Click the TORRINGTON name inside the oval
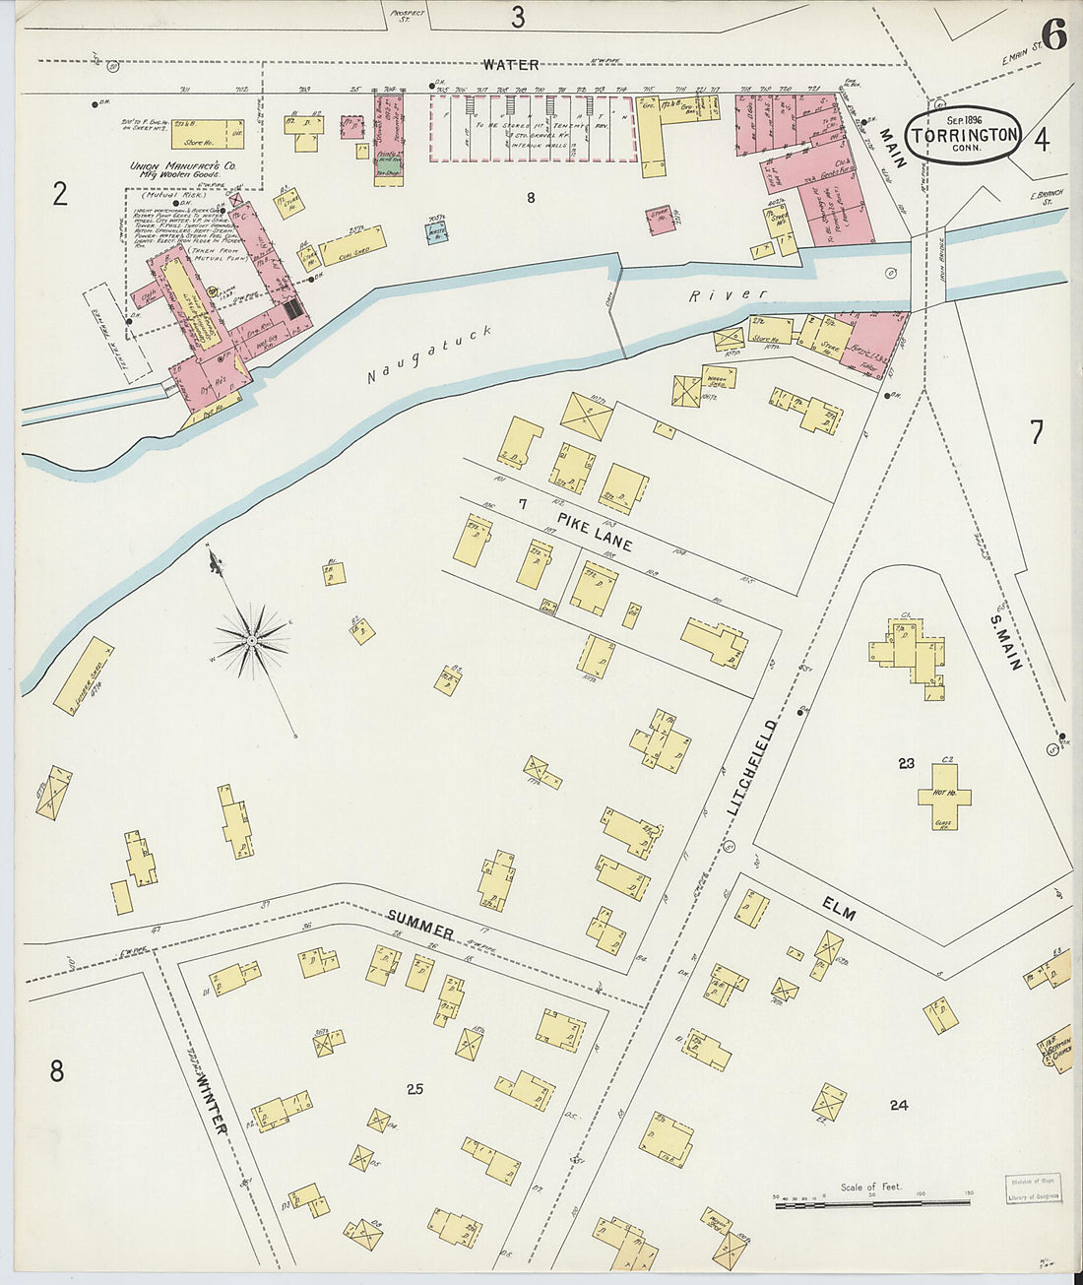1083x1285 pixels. [964, 135]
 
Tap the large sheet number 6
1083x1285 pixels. [1052, 35]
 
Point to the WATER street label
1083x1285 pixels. [510, 65]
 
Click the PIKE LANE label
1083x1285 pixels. [594, 530]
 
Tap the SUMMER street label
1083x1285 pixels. [420, 925]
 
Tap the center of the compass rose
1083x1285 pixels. [252, 641]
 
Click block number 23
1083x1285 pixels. [906, 762]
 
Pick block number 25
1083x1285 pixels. [414, 1088]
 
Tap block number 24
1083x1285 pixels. [898, 1105]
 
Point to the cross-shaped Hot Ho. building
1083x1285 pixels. [944, 795]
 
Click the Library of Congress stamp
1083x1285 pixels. [1033, 1189]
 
